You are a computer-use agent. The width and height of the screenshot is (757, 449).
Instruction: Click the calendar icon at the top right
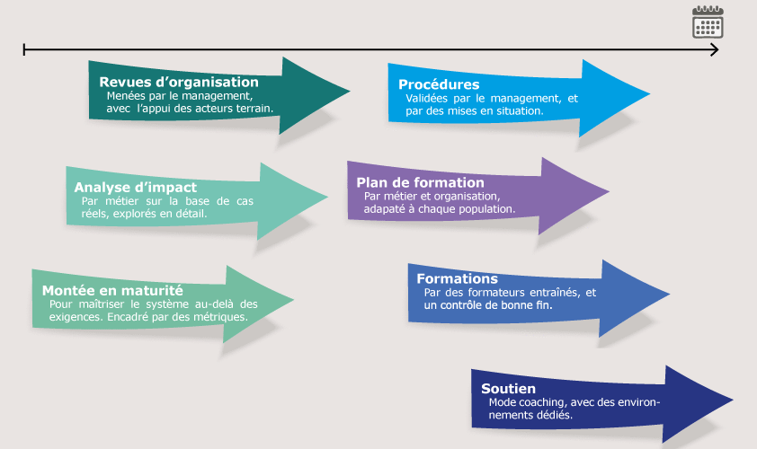pyautogui.click(x=708, y=22)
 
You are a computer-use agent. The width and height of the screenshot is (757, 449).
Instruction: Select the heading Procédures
pyautogui.click(x=439, y=84)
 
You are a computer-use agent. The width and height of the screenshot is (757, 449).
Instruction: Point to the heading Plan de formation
pyautogui.click(x=420, y=182)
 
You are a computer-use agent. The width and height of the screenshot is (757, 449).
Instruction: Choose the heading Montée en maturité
pyautogui.click(x=112, y=291)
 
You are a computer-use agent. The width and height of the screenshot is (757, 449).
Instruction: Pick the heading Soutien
pyautogui.click(x=509, y=389)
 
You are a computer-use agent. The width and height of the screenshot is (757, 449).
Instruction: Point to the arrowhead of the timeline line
pyautogui.click(x=716, y=49)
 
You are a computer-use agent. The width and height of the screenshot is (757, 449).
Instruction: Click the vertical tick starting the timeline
pyautogui.click(x=24, y=49)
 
